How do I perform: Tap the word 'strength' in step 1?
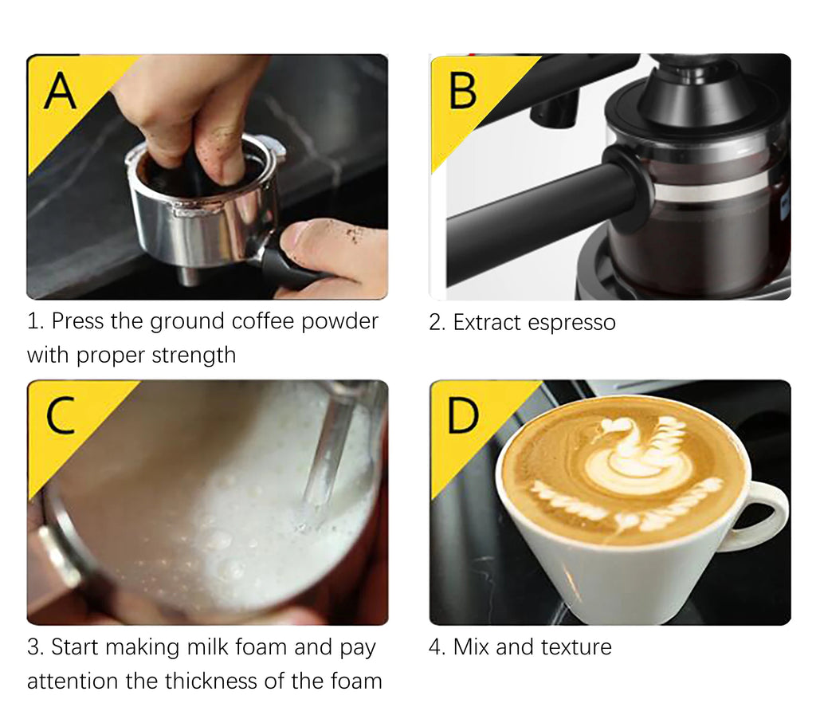[x=196, y=355]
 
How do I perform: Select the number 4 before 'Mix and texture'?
[x=435, y=646]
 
